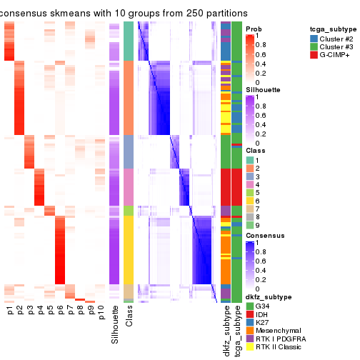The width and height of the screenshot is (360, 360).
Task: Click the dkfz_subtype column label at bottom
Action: point(226,331)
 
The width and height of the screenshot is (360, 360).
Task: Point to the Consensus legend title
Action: point(265,234)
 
